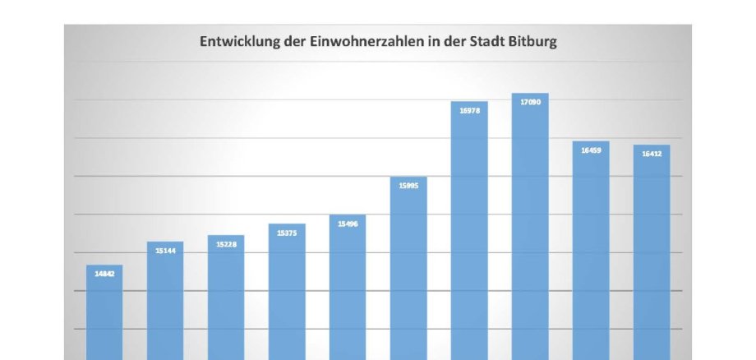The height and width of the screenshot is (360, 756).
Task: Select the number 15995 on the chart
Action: (408, 186)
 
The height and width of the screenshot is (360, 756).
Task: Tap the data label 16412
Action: (652, 154)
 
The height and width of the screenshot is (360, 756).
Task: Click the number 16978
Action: (469, 109)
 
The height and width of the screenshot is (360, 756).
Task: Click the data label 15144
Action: (165, 250)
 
